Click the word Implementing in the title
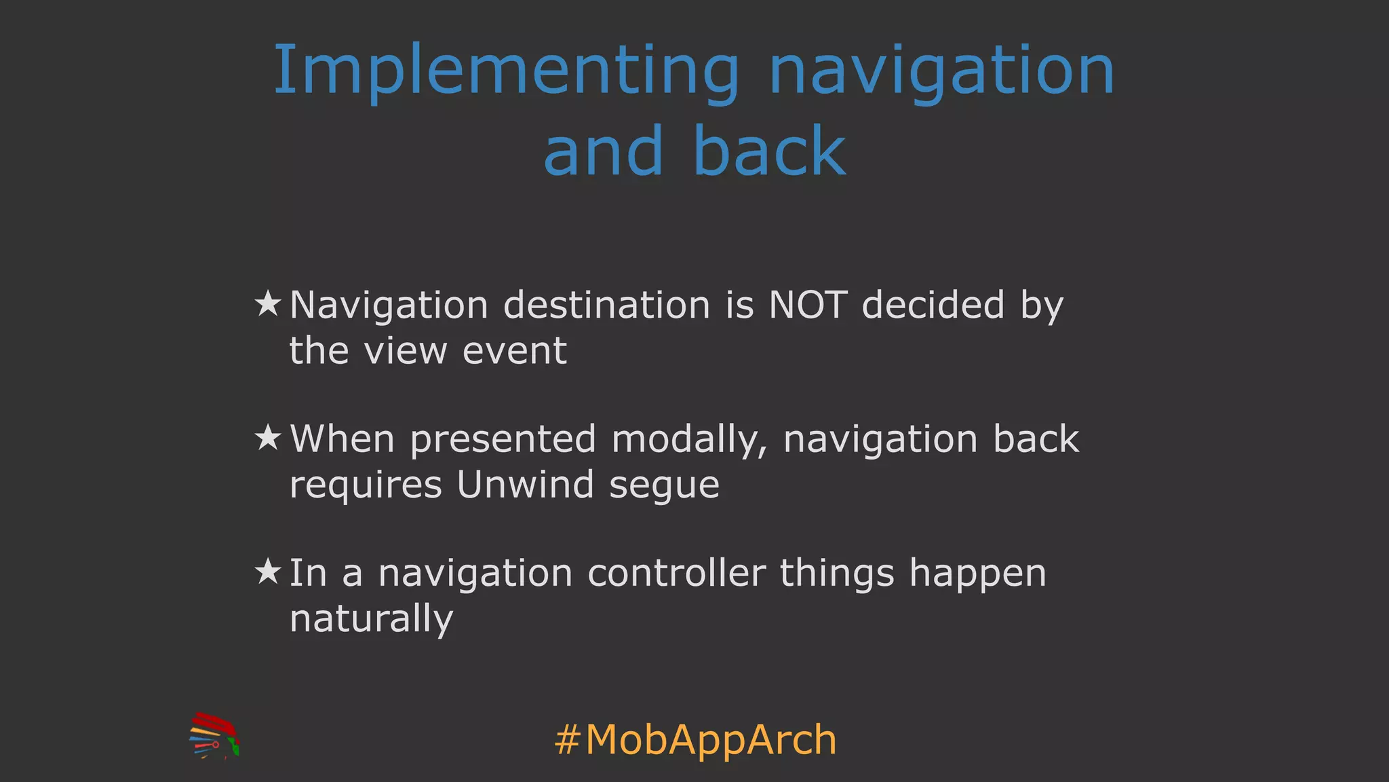coord(505,71)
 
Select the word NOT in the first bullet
coord(807,305)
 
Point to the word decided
coord(933,305)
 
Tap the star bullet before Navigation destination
coord(268,304)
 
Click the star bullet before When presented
coord(268,439)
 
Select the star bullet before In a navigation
coord(268,572)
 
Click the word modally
coord(689,440)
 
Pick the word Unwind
coord(525,485)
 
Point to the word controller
coord(676,573)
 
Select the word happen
coord(977,574)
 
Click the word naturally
coord(371,619)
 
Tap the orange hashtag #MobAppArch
coord(695,739)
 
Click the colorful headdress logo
coord(214,736)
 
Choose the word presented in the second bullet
coord(503,440)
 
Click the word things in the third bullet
coord(837,574)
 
